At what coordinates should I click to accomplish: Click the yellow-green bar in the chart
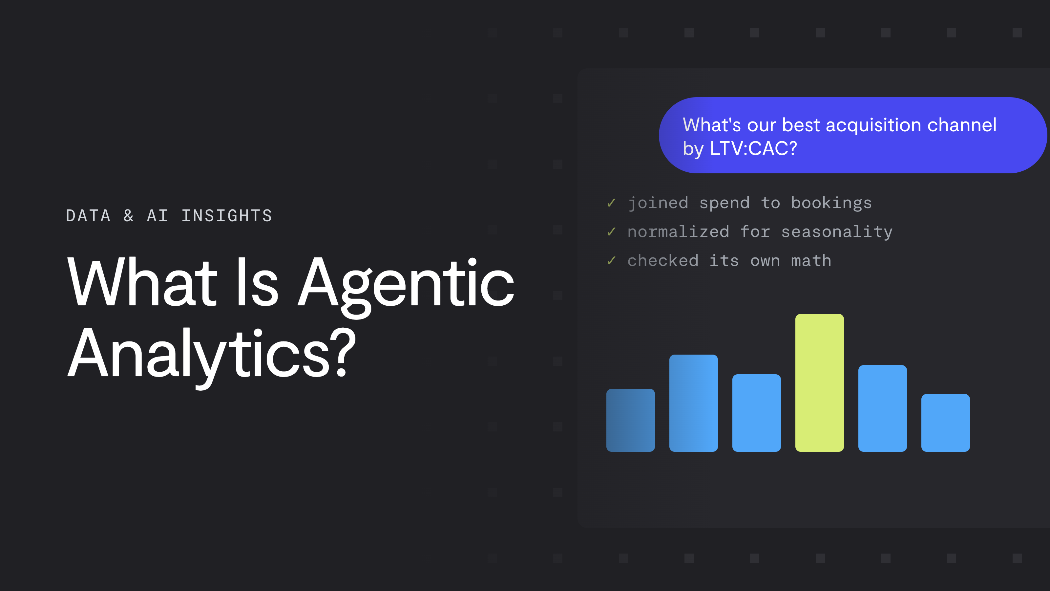(x=819, y=383)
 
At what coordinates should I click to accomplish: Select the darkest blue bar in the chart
(x=631, y=420)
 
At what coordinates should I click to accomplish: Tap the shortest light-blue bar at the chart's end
(x=945, y=423)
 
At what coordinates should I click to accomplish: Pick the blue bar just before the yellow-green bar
(x=757, y=413)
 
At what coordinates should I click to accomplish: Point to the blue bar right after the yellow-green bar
(x=882, y=408)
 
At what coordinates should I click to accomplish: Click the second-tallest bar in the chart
(x=693, y=403)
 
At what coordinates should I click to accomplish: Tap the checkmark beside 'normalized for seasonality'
(x=611, y=232)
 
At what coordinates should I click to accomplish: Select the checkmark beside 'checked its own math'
(x=611, y=260)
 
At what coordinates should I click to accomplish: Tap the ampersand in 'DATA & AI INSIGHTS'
(x=129, y=216)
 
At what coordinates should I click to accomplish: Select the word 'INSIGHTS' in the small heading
(x=227, y=216)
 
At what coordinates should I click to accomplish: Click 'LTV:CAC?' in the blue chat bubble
(x=753, y=148)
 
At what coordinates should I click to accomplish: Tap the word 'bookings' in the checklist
(x=831, y=204)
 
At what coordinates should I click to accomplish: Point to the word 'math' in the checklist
(x=811, y=261)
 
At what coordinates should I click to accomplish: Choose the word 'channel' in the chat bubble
(x=962, y=125)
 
